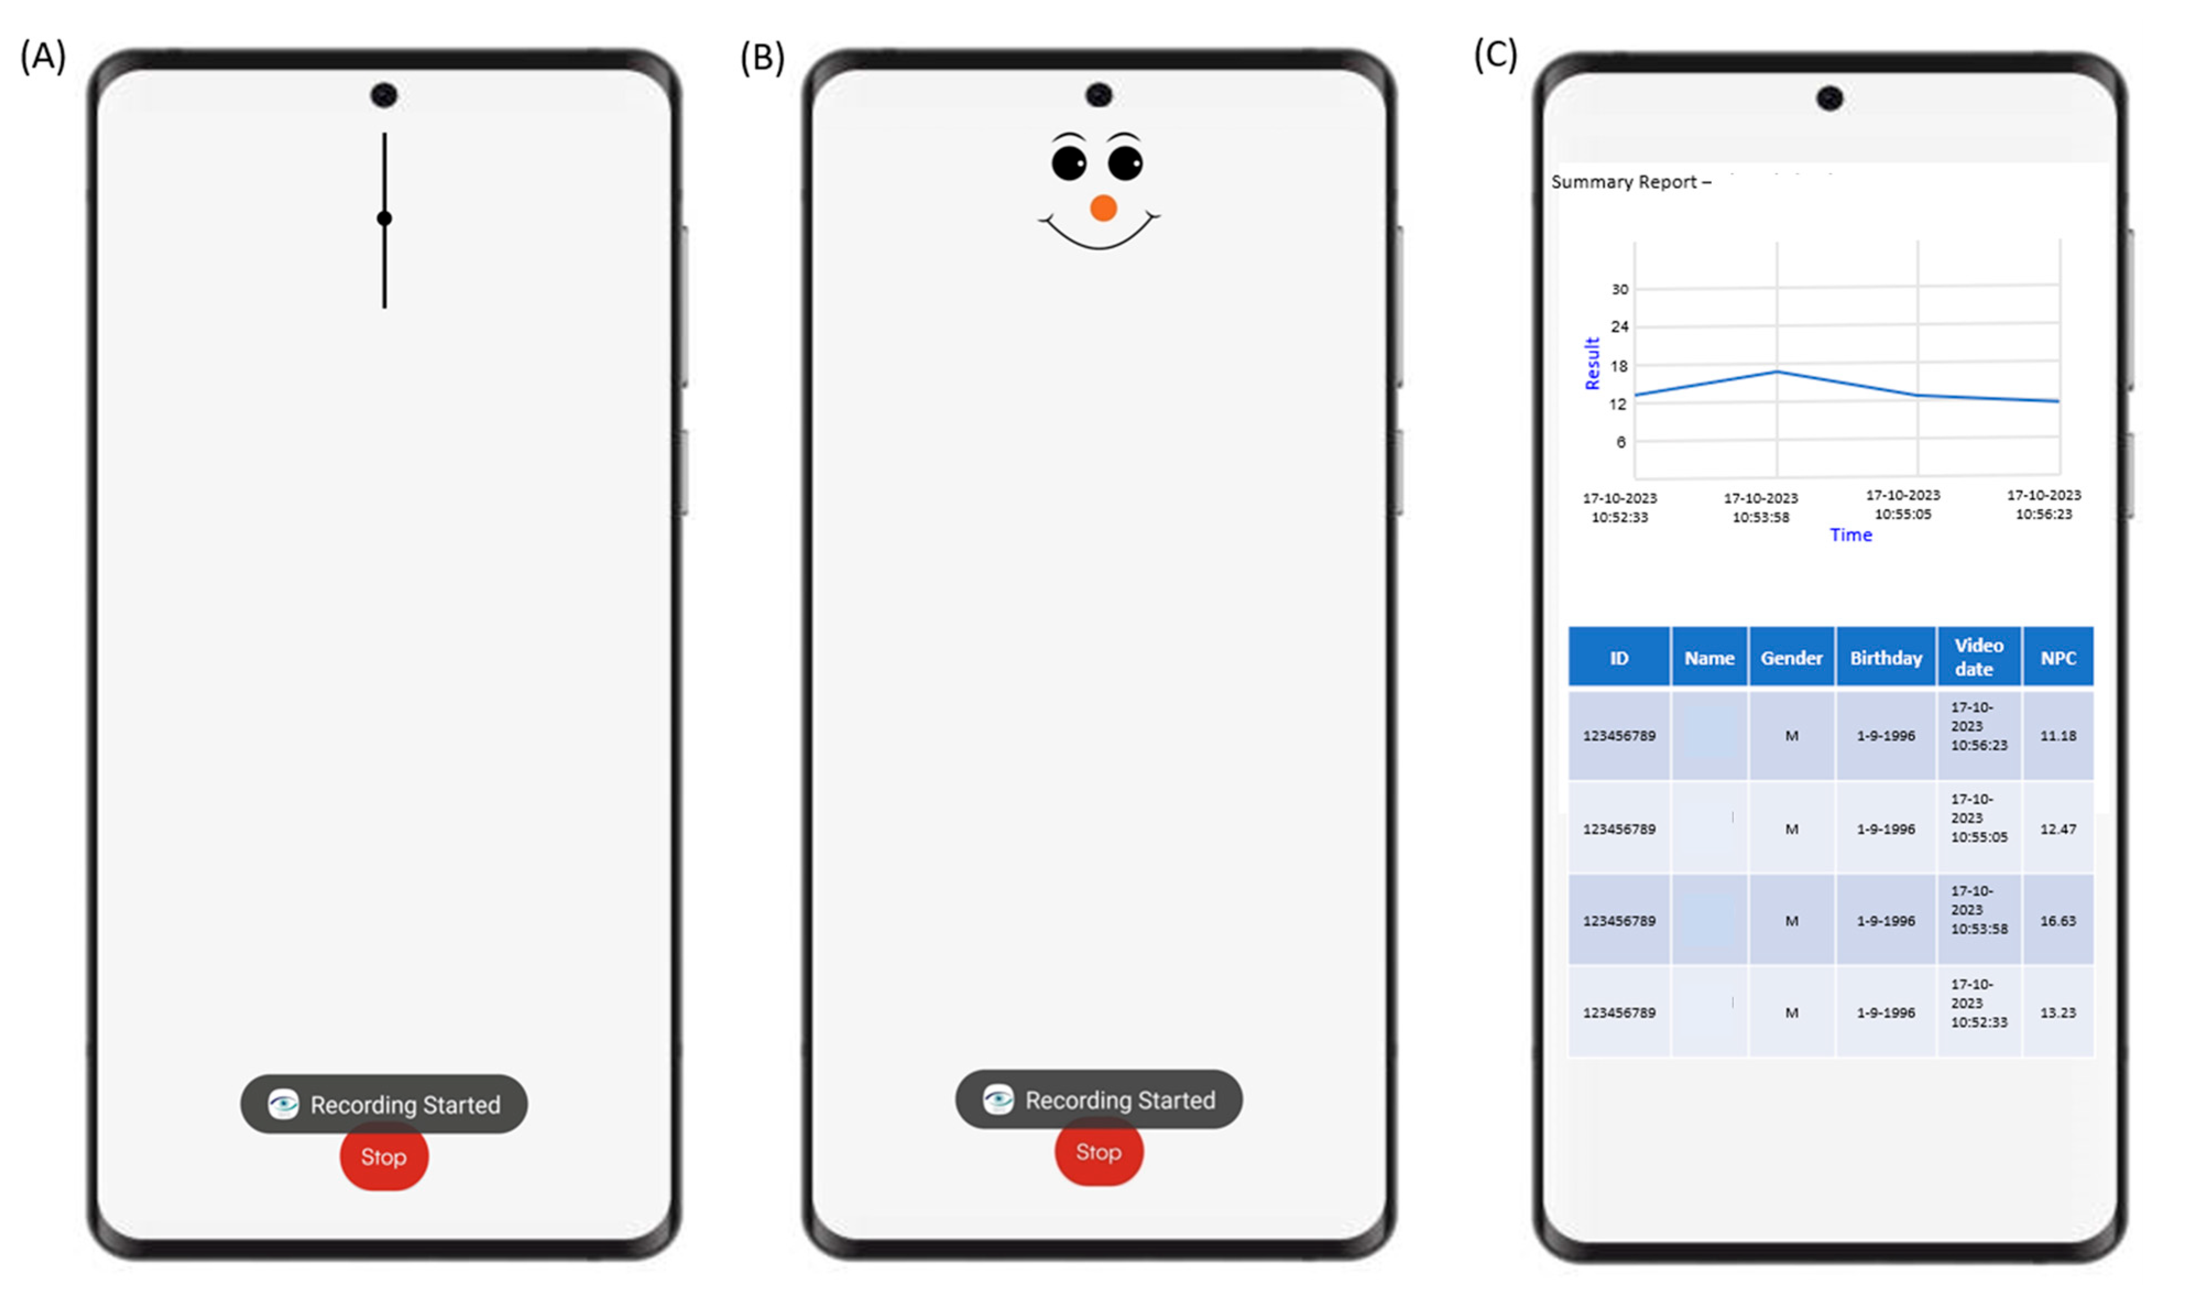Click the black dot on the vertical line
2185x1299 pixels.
(384, 218)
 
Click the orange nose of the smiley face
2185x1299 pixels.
(1103, 208)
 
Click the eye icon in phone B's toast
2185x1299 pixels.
(998, 1099)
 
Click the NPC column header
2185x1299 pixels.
(2057, 657)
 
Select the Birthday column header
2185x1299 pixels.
(1886, 657)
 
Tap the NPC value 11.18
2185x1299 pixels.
(2057, 735)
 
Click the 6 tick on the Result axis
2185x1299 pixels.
(1620, 442)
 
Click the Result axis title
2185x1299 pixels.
(1592, 363)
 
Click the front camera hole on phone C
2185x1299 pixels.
(1829, 98)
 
